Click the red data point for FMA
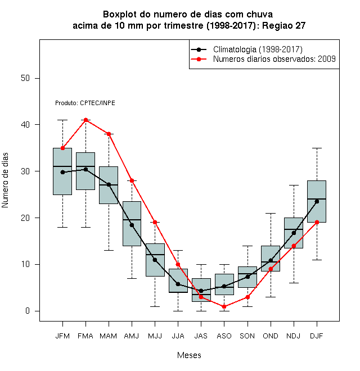(x=85, y=120)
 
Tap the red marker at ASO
(x=224, y=306)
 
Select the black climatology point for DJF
(x=317, y=201)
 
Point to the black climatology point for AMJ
(x=132, y=225)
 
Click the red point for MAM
(x=109, y=134)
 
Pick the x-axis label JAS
(x=201, y=336)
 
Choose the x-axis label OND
(x=271, y=336)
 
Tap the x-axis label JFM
(x=62, y=336)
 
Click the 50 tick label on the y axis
(x=25, y=78)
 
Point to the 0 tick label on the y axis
(x=28, y=311)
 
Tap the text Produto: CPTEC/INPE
(x=85, y=103)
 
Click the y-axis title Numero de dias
(x=5, y=180)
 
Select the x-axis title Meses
(x=189, y=355)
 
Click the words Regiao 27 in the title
(x=283, y=25)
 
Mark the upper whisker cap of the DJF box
(x=317, y=148)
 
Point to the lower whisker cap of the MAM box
(x=109, y=250)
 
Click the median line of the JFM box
(x=62, y=166)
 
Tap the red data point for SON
(x=247, y=297)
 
